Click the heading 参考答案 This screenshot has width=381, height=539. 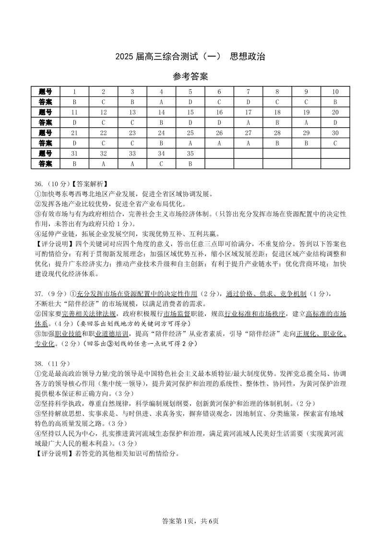coord(190,77)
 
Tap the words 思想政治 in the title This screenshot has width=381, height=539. coord(247,57)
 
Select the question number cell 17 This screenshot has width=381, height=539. coord(248,112)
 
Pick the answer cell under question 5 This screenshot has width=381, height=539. coord(190,102)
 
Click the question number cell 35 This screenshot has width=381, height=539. coord(190,153)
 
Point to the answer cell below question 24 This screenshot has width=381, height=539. coord(161,143)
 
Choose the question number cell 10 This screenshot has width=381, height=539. coord(335,92)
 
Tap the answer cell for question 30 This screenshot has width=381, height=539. coord(335,143)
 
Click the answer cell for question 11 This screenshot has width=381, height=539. coord(74,122)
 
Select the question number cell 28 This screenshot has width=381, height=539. coord(277,132)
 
